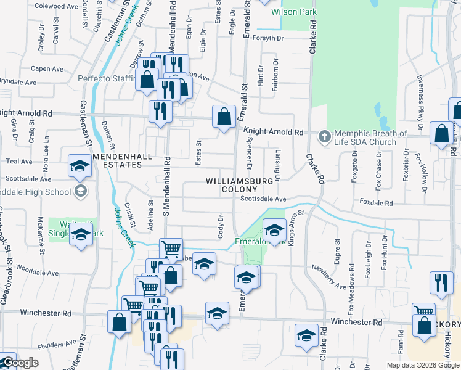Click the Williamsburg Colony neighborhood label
click(238, 185)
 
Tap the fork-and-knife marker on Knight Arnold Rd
click(160, 111)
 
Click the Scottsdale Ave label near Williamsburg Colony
click(263, 199)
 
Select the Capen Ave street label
click(47, 68)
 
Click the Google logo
click(20, 363)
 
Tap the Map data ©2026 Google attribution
click(423, 365)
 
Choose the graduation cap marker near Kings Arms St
click(274, 230)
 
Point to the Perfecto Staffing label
click(106, 78)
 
